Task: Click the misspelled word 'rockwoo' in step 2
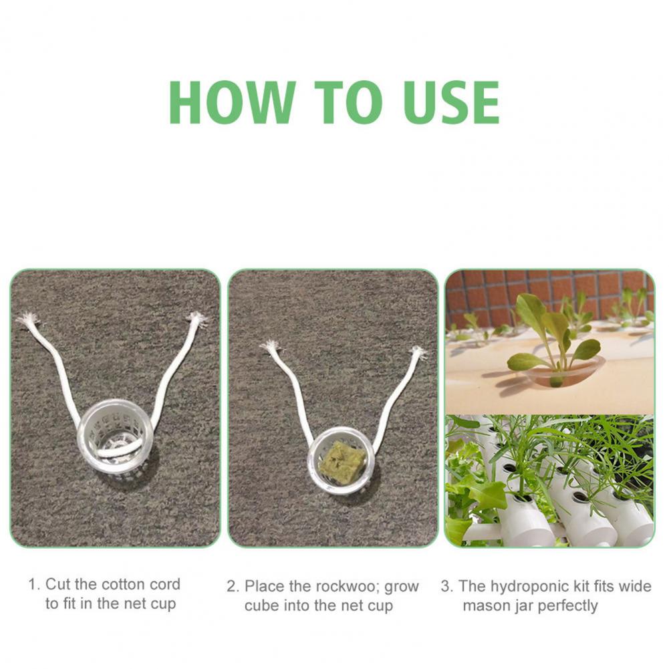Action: pos(350,587)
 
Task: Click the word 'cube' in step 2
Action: pos(261,606)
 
